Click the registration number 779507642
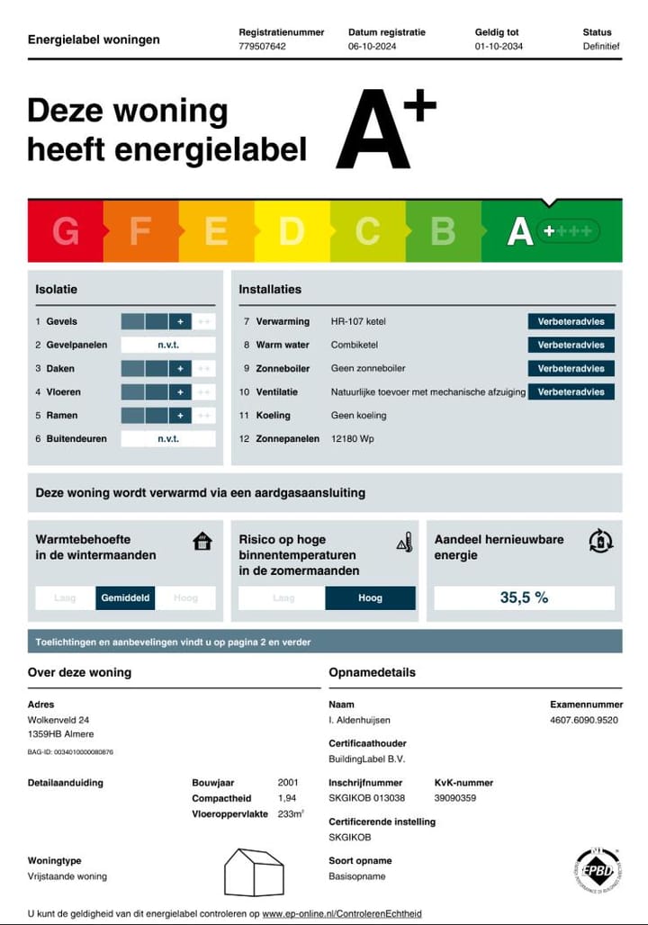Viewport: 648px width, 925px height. tap(262, 46)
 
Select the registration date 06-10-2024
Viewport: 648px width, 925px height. tap(373, 46)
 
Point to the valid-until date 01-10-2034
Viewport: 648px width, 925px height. tap(499, 46)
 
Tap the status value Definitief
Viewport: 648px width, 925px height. tap(600, 46)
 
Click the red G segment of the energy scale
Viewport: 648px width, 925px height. tap(66, 231)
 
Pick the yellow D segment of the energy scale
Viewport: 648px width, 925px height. tap(292, 231)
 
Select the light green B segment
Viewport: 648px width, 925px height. tap(443, 231)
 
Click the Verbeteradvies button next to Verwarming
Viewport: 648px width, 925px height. tap(571, 321)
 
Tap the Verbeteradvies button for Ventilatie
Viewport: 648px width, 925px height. tap(571, 392)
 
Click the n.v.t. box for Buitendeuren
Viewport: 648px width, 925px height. tap(168, 439)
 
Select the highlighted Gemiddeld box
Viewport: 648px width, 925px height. tap(126, 597)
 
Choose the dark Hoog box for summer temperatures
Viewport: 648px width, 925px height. tap(370, 597)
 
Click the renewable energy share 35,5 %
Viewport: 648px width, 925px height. tap(524, 597)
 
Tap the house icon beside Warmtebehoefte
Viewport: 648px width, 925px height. tap(202, 541)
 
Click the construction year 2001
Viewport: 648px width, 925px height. tap(288, 783)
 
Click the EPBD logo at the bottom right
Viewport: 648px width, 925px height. tap(597, 869)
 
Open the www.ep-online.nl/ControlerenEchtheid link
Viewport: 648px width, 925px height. tap(341, 913)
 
